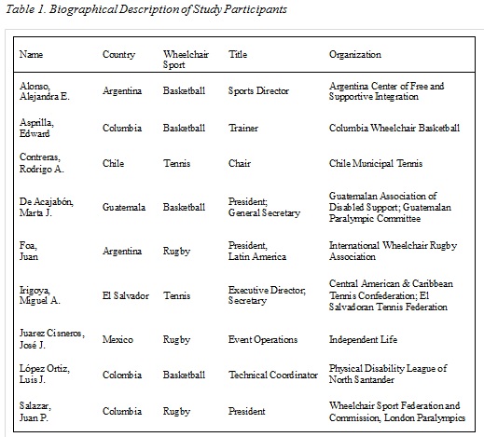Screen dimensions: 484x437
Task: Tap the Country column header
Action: (x=118, y=54)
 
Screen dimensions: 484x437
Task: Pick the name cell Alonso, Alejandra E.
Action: (x=45, y=91)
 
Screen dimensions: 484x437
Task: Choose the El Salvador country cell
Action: (x=124, y=295)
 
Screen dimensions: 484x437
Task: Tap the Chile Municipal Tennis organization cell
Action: (x=378, y=164)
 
